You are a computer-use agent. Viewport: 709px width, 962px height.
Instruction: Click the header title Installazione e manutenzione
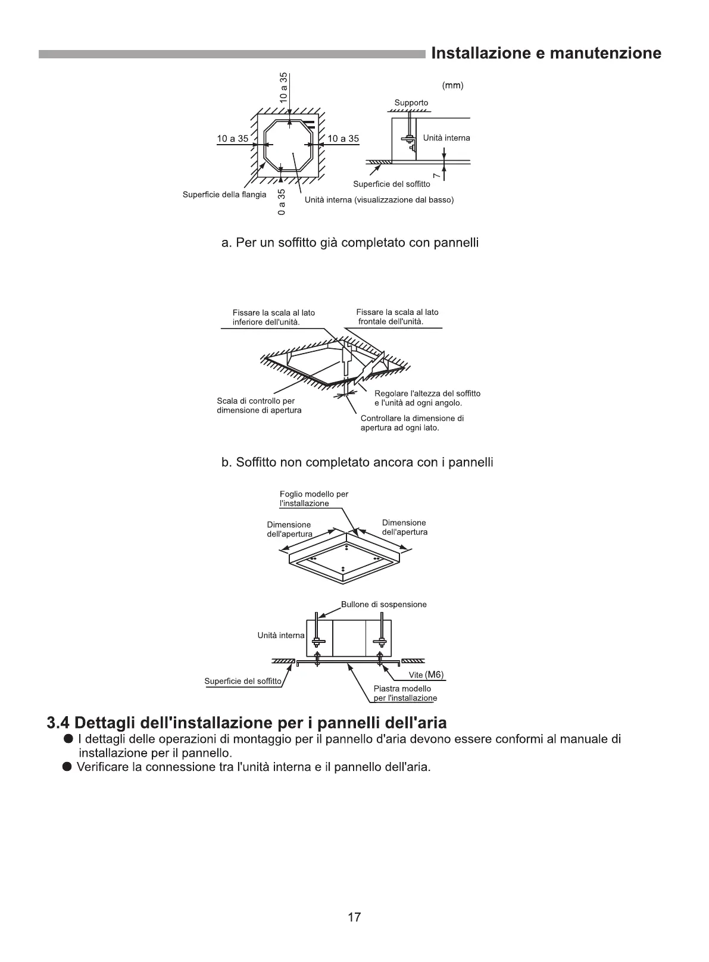[x=545, y=54]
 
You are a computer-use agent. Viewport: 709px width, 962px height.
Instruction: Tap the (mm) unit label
[x=452, y=85]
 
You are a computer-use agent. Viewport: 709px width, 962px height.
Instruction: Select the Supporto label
[x=411, y=103]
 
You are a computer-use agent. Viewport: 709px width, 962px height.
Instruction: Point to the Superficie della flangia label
[x=224, y=195]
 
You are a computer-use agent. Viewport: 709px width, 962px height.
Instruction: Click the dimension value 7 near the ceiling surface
[x=436, y=174]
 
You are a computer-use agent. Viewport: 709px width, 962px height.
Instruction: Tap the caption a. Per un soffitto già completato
[x=350, y=243]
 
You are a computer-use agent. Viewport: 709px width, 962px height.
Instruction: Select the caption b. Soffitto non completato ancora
[x=357, y=463]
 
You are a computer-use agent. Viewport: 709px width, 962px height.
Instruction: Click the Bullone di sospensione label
[x=383, y=604]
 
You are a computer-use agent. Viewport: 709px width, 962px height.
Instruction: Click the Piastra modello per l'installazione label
[x=405, y=694]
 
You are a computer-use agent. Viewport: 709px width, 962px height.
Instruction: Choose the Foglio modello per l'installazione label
[x=314, y=499]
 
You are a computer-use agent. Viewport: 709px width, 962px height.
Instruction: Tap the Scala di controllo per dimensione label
[x=259, y=405]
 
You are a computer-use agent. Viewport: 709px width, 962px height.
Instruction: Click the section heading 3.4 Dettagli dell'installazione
[x=246, y=723]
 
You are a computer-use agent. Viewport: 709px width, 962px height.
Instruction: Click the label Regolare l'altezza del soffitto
[x=427, y=398]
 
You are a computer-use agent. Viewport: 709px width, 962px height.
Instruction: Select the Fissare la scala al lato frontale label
[x=397, y=317]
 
